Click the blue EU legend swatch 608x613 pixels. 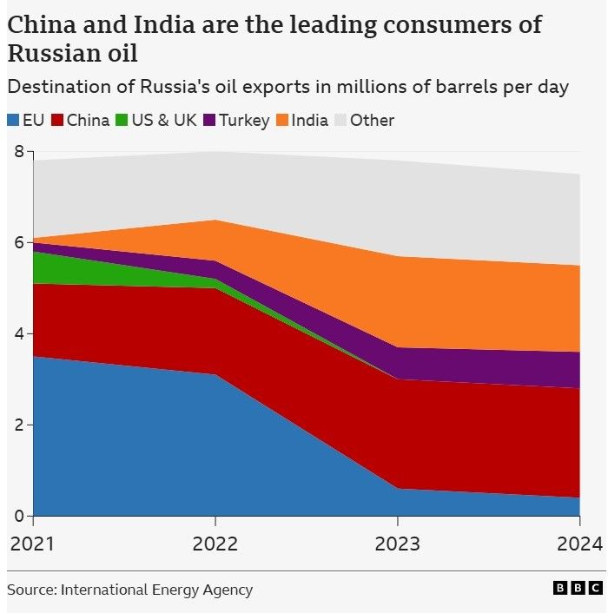tap(13, 121)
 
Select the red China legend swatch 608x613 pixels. tap(57, 121)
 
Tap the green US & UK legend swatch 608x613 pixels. tap(122, 121)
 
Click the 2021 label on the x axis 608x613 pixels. tap(32, 544)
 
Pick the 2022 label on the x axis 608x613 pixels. tap(215, 544)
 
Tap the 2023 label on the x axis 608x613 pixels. tap(397, 544)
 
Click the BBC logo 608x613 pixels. tap(577, 589)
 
